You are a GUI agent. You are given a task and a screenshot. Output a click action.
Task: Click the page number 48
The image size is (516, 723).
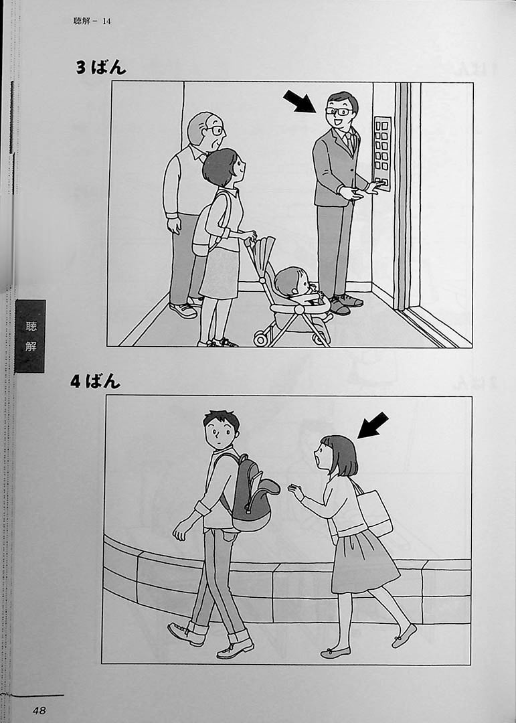[39, 710]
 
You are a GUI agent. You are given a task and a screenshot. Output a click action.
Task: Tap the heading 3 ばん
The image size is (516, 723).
[101, 68]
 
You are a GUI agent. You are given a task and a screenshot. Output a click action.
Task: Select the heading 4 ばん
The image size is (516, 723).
[95, 382]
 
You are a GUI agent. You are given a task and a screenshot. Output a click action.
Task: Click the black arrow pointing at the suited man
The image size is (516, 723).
[299, 101]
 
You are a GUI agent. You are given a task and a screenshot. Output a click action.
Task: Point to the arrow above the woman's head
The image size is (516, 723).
[373, 425]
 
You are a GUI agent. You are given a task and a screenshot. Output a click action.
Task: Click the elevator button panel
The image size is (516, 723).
[382, 153]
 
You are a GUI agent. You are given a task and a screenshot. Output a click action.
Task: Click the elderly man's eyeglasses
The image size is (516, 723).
[215, 131]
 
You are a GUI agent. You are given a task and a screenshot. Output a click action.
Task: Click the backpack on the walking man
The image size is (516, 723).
[252, 494]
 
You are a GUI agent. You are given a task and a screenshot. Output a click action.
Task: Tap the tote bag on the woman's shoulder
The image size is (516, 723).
[375, 511]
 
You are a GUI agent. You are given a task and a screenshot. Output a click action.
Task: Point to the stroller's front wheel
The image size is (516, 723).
[260, 339]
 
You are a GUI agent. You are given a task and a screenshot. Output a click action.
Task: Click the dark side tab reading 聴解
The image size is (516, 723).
[30, 335]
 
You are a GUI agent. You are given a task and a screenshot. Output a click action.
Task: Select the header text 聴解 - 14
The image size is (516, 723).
[92, 21]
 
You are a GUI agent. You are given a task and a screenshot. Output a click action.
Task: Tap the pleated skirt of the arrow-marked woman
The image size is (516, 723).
[363, 561]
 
